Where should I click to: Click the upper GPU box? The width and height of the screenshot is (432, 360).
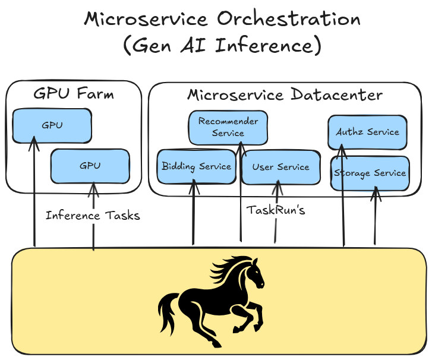click(52, 125)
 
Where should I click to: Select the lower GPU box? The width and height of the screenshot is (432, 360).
click(90, 166)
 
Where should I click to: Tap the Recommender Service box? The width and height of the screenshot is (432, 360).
click(228, 127)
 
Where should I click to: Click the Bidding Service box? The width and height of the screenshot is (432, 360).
click(196, 166)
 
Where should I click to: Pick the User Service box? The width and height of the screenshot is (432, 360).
click(280, 166)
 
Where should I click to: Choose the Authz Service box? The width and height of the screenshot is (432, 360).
click(367, 132)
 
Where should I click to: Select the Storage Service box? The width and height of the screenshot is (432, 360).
click(370, 173)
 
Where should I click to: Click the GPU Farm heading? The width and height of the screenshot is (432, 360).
click(74, 94)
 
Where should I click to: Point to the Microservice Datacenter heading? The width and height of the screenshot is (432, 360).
click(285, 95)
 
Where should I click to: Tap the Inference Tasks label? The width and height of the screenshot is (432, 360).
click(93, 215)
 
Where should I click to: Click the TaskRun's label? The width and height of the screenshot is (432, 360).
click(276, 210)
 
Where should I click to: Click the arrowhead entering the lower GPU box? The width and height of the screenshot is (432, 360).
click(93, 187)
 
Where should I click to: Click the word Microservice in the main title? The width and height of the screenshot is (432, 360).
click(147, 19)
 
